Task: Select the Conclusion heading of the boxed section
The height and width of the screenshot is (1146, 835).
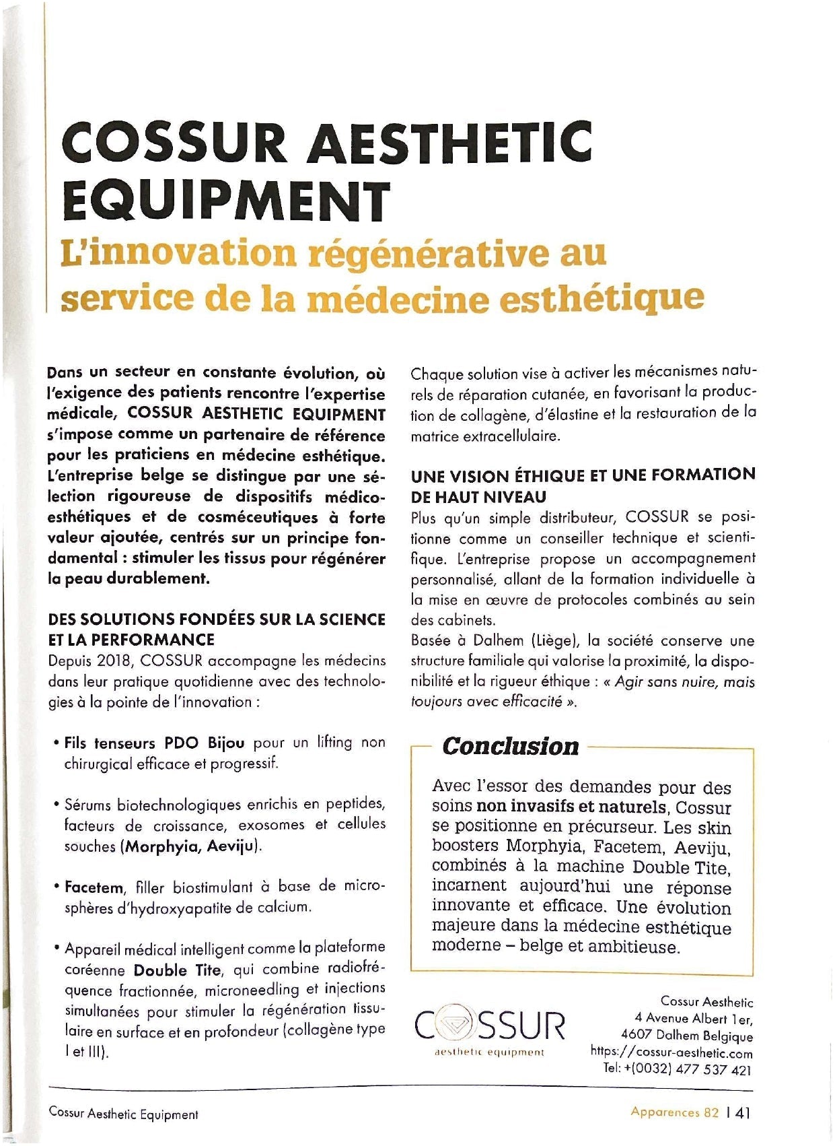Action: tap(510, 746)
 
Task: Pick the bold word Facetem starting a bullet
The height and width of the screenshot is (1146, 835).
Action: tap(94, 887)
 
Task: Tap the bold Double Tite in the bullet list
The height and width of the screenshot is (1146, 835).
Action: tap(177, 970)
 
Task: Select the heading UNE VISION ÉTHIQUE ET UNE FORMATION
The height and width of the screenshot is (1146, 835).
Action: tap(583, 475)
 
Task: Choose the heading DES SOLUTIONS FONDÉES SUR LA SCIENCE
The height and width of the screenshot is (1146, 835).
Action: tap(217, 619)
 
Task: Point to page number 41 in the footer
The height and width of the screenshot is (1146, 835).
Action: tap(743, 1112)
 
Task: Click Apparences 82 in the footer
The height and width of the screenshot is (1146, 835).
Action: tap(674, 1112)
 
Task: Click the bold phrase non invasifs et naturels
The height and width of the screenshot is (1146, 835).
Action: tap(571, 807)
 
